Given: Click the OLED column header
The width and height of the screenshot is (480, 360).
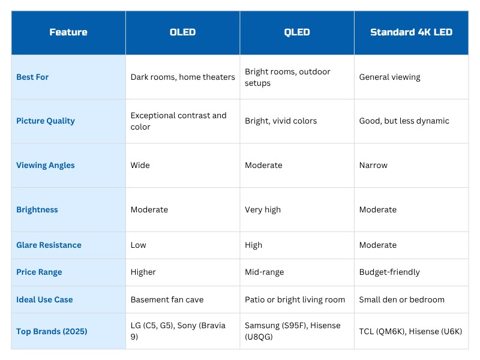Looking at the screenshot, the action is point(182,32).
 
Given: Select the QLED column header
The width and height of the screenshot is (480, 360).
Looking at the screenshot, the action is point(296,32).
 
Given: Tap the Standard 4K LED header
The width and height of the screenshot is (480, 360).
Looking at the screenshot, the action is point(411,32).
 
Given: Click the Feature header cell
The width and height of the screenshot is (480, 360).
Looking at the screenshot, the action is point(68,32).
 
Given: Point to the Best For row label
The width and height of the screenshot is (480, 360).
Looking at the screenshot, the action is point(32,77).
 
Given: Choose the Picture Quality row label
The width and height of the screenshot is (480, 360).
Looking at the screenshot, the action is point(46,121).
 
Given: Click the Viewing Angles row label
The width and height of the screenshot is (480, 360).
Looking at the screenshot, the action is point(46,166).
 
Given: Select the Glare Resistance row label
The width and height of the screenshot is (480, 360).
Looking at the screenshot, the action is point(49,245).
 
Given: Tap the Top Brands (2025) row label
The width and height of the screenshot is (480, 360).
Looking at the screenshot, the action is point(52,331).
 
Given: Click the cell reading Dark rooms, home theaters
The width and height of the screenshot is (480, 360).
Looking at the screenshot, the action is point(183,77).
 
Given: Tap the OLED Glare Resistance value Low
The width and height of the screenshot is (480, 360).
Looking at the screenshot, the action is point(139,245).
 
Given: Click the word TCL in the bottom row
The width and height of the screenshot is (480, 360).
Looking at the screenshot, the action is point(366,331).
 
